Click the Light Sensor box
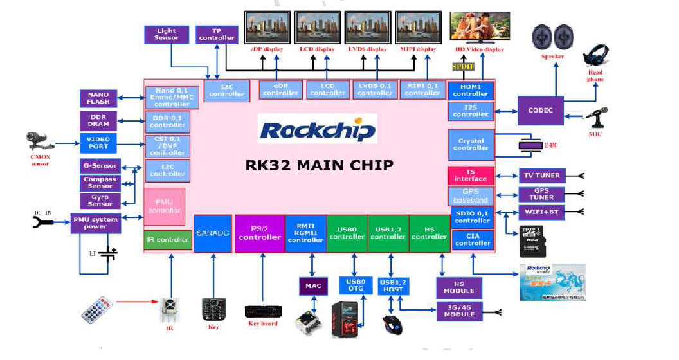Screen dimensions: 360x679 coord(167,34)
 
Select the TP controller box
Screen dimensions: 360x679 coord(217,34)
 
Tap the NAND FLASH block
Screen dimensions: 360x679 coord(98,98)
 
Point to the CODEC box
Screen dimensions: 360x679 coord(540,110)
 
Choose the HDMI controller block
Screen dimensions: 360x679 coord(471,90)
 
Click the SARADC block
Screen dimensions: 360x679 coord(212,233)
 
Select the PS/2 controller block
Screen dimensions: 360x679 coord(260,233)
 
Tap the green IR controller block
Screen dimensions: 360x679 coord(168,240)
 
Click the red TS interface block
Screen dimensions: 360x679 coord(471,175)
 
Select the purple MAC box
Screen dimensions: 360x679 coord(313,286)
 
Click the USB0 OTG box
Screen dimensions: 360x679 coord(356,285)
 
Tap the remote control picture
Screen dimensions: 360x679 coord(97,310)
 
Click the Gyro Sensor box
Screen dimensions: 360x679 coord(100,201)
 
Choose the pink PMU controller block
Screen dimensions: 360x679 coord(165,206)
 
